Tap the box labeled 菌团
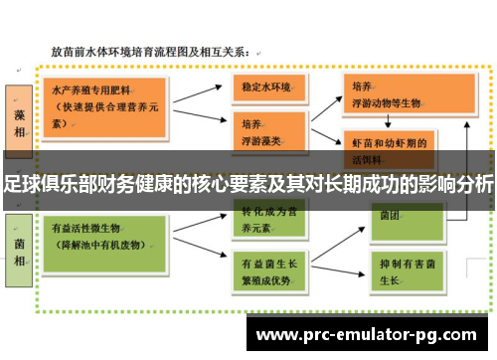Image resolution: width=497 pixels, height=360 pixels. pyautogui.click(x=388, y=215)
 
